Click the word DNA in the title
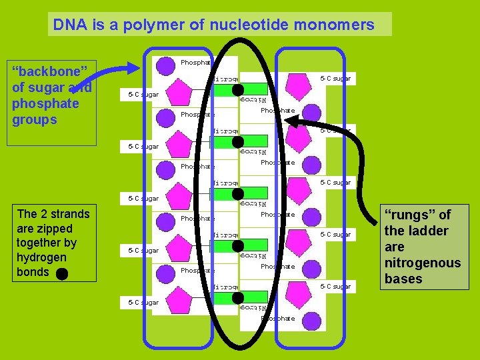click(x=67, y=25)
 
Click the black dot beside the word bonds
click(x=62, y=273)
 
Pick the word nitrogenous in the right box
click(x=423, y=263)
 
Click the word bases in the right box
click(x=403, y=279)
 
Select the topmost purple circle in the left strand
click(x=164, y=65)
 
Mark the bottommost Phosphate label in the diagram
click(x=277, y=319)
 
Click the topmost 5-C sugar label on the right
click(x=335, y=79)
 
